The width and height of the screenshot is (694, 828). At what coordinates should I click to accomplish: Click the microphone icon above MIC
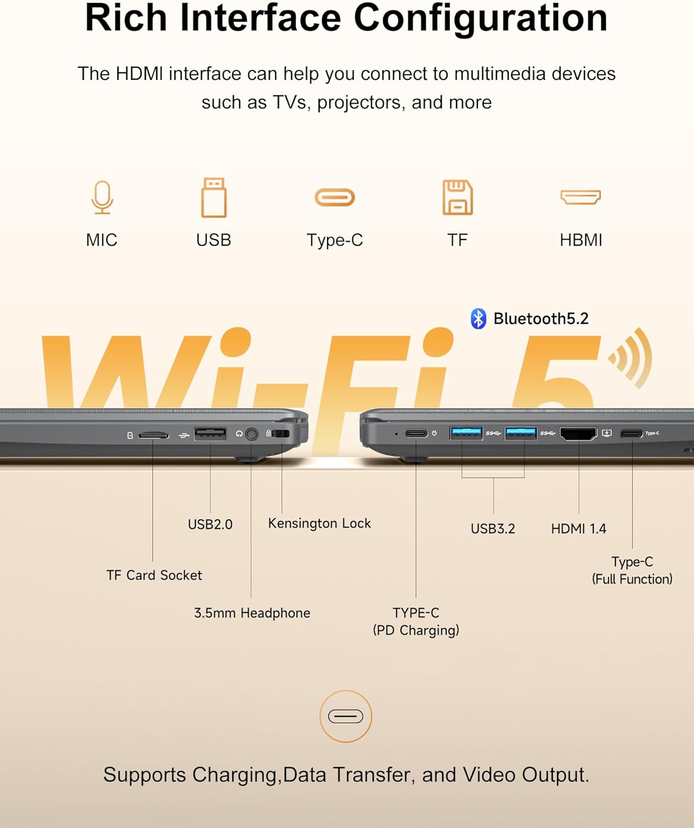(102, 198)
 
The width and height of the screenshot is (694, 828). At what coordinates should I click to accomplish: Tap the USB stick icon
(214, 198)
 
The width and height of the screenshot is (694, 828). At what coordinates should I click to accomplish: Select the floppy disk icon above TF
(458, 198)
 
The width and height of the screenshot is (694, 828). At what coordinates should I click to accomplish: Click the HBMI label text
(581, 240)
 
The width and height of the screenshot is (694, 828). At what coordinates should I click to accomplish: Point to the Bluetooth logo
(478, 319)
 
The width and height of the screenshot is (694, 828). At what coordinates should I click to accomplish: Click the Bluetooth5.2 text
(541, 319)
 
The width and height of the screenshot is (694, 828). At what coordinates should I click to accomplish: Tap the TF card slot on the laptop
(153, 436)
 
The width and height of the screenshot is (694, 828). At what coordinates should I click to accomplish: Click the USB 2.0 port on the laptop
(210, 434)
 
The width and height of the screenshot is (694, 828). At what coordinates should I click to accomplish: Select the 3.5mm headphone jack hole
(251, 434)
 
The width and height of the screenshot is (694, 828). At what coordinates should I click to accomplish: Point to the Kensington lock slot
(282, 433)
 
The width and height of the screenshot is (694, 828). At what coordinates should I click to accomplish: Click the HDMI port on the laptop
(579, 434)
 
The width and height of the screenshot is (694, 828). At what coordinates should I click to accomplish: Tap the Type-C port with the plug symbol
(416, 433)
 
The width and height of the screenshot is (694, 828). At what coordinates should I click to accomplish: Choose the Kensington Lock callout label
(320, 523)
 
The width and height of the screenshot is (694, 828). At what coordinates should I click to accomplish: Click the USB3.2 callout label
(493, 529)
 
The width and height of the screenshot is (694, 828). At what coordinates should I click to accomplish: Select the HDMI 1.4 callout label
(579, 529)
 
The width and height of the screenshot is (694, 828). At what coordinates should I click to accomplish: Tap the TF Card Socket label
(154, 575)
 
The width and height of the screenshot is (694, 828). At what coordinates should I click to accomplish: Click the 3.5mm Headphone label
(252, 613)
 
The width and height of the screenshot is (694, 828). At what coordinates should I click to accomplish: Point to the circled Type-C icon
(346, 716)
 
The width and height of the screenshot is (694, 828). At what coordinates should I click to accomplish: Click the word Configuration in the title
(481, 18)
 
